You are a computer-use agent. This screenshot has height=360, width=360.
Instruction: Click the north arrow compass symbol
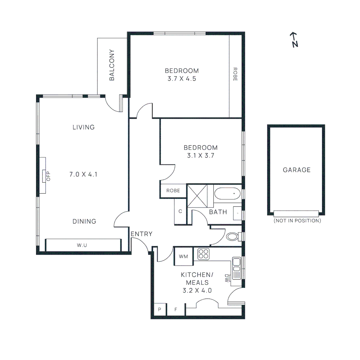294,40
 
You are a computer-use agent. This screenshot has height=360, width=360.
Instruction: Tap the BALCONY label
112,65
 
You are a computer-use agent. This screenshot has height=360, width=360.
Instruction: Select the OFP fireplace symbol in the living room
44,176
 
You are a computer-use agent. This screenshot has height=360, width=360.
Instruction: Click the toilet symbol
232,237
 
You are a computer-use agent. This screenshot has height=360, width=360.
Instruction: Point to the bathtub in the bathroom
227,193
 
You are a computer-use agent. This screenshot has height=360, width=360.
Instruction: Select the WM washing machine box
183,256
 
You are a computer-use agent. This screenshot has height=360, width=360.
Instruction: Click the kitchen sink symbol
236,264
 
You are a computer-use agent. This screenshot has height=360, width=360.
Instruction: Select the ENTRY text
141,234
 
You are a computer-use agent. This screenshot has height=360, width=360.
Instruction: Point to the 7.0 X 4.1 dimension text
84,174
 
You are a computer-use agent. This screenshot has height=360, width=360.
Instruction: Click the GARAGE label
296,170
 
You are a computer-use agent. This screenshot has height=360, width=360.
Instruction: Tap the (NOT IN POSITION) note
297,221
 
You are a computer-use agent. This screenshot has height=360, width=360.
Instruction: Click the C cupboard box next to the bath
180,211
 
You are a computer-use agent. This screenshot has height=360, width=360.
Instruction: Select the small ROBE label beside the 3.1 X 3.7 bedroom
173,191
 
